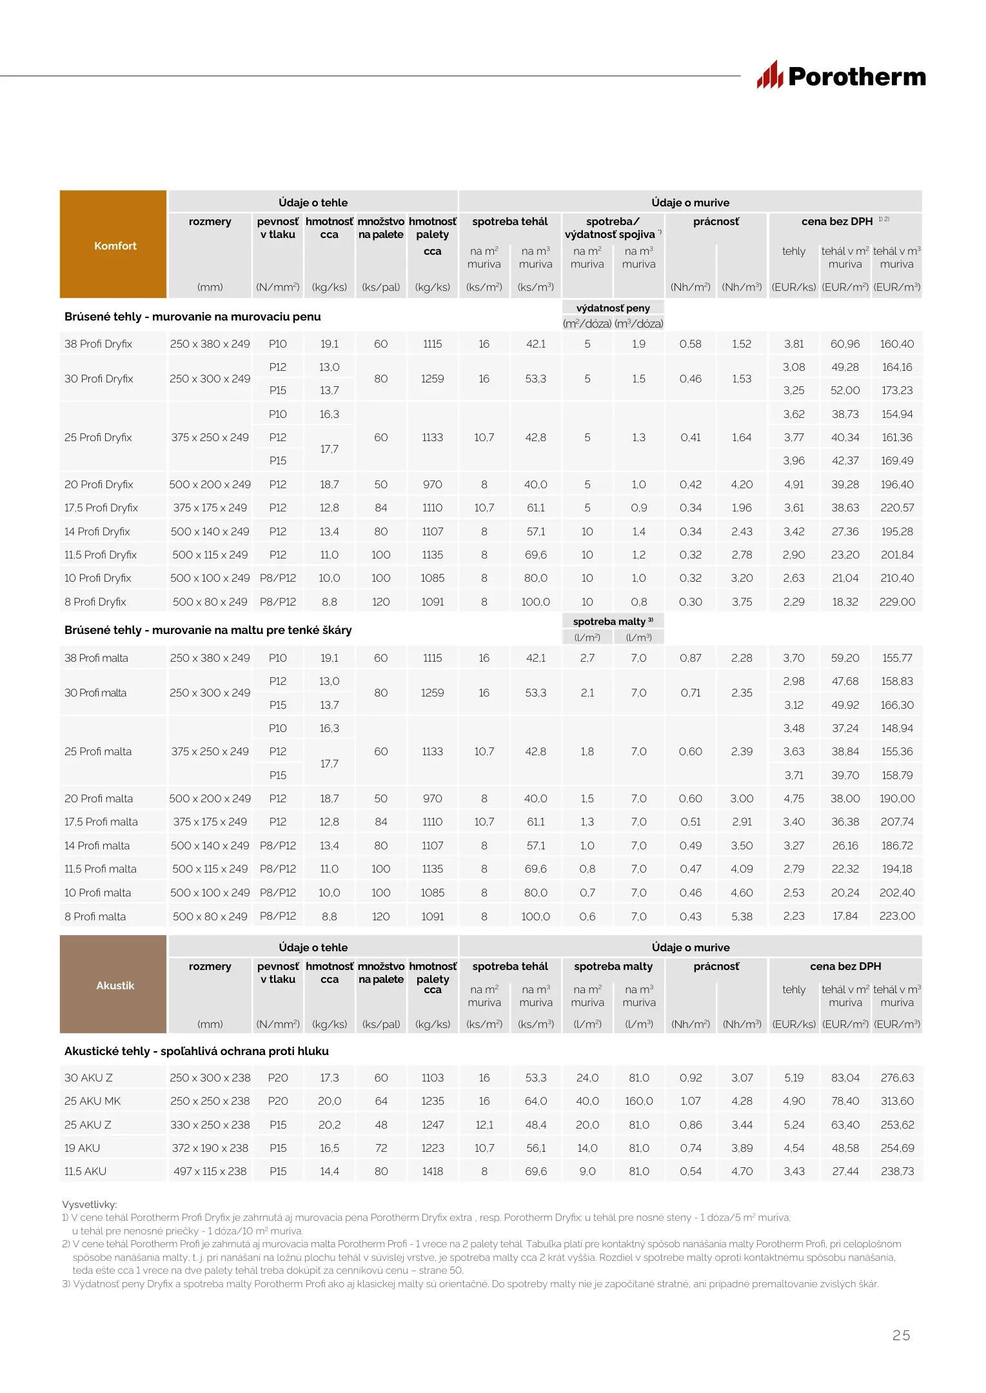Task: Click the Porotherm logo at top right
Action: tap(841, 76)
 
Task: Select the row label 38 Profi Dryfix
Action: tap(98, 344)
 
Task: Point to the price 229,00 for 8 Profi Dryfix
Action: tap(896, 602)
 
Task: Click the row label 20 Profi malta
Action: tap(99, 798)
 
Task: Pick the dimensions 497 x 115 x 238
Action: tap(210, 1171)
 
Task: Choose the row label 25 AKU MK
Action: tap(92, 1101)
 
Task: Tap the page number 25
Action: tap(901, 1335)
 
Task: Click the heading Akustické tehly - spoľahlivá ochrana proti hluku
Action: tap(197, 1051)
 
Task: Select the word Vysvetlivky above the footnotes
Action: tap(89, 1204)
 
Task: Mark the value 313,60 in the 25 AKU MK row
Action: tap(896, 1101)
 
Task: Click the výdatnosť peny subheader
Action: tap(613, 308)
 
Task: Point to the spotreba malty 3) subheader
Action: tap(613, 621)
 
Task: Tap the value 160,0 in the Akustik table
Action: tap(638, 1101)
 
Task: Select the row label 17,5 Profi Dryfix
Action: tap(101, 508)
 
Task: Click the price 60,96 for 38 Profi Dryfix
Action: tap(845, 344)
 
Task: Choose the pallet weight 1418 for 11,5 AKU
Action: tap(432, 1171)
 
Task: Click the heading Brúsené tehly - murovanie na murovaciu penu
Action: tap(192, 317)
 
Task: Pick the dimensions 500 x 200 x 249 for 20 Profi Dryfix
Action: tap(210, 484)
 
